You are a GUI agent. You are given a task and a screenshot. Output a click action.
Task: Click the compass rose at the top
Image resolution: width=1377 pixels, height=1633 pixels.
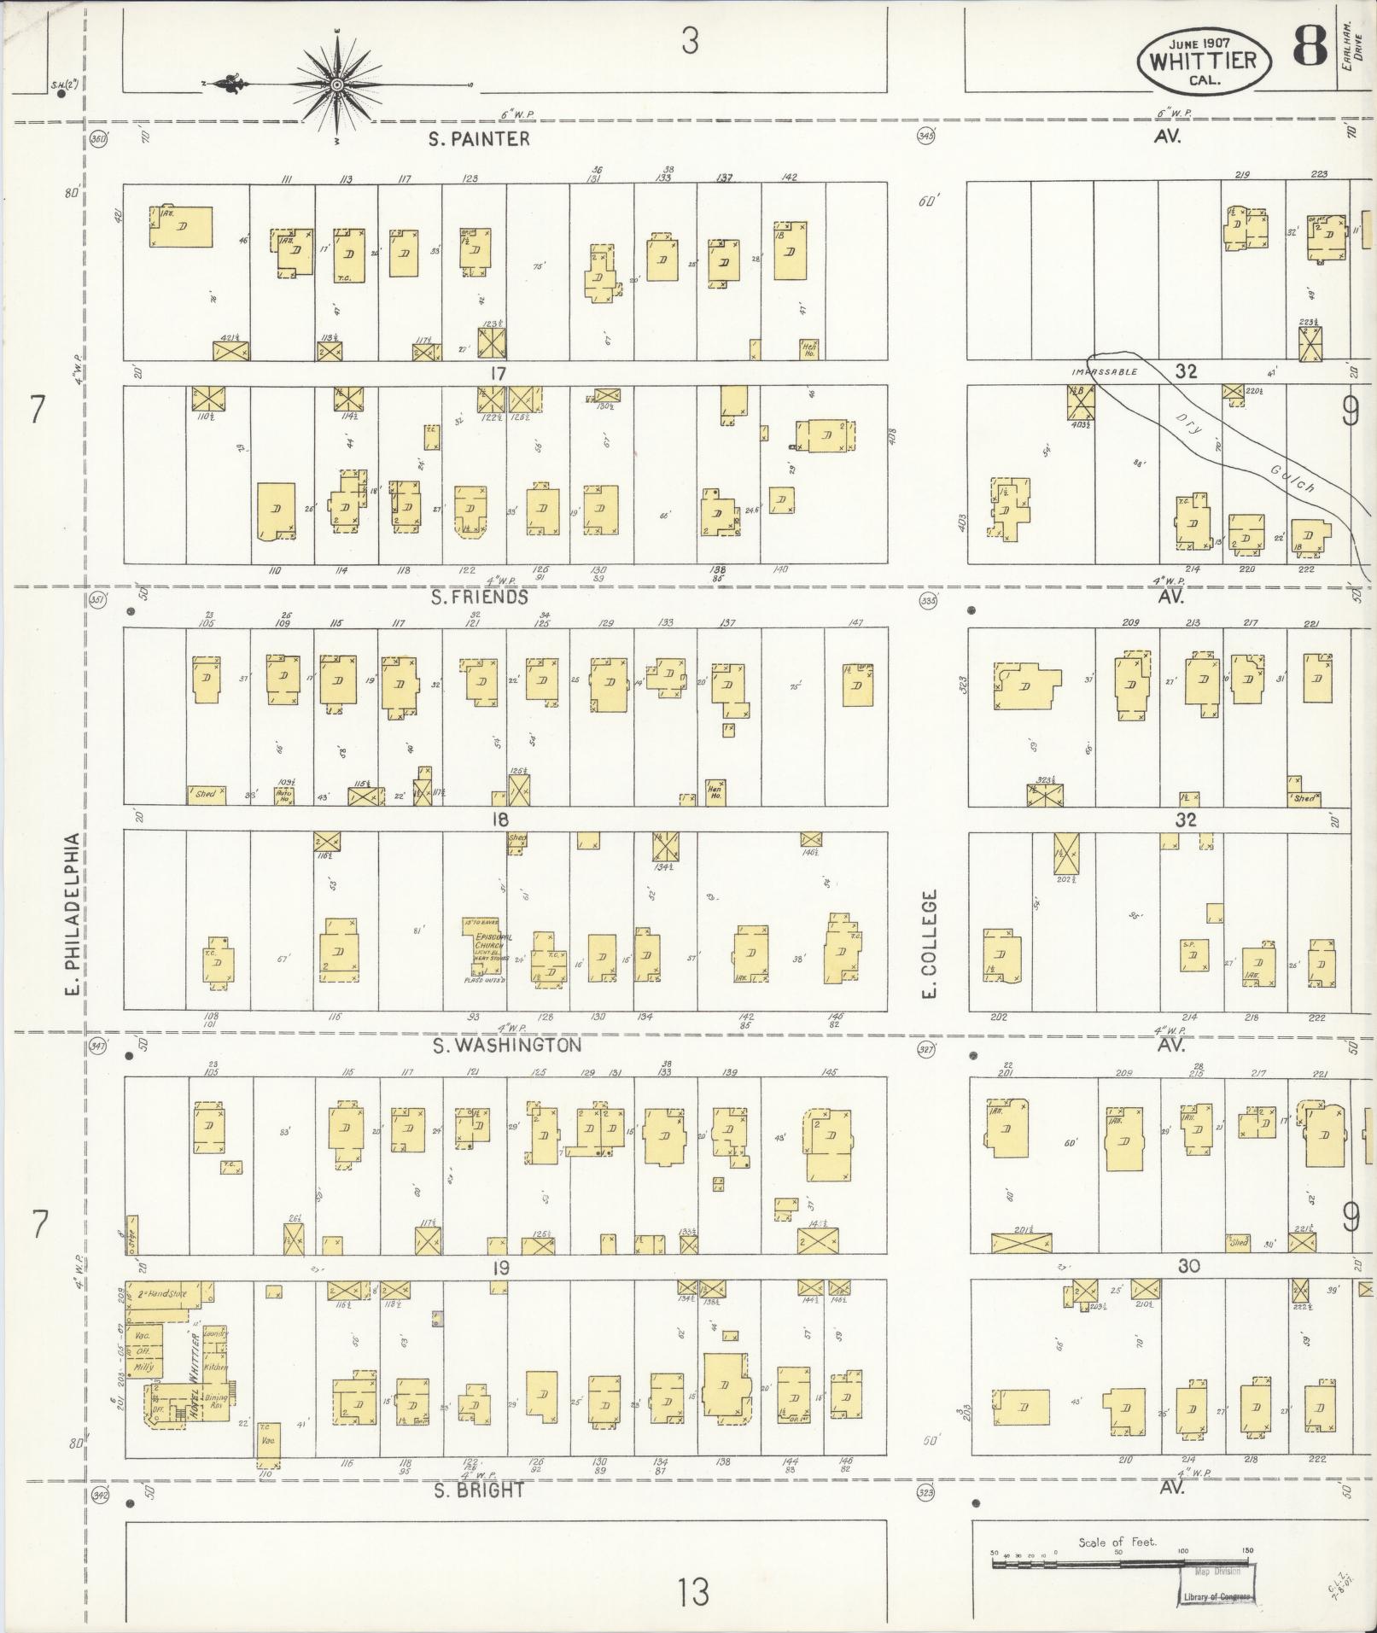tap(337, 85)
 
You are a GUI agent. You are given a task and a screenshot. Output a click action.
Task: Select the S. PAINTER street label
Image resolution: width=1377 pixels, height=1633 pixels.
tap(480, 138)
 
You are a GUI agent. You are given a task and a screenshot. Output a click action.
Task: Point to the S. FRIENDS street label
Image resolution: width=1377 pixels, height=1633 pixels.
tap(480, 597)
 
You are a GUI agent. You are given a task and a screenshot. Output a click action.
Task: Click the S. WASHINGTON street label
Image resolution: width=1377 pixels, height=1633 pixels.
tap(507, 1045)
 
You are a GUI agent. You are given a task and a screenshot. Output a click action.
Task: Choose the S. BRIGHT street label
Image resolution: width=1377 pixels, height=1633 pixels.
tap(479, 1491)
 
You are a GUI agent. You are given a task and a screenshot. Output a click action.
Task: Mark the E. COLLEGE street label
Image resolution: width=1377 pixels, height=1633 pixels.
tap(931, 944)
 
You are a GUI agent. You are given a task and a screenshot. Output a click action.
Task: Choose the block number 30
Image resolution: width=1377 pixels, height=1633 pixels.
tap(1188, 1266)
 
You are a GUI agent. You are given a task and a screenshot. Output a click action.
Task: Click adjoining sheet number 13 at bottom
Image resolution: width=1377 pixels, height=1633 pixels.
tap(695, 1591)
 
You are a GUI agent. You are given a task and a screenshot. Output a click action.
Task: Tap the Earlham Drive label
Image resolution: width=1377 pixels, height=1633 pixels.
tap(1351, 47)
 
